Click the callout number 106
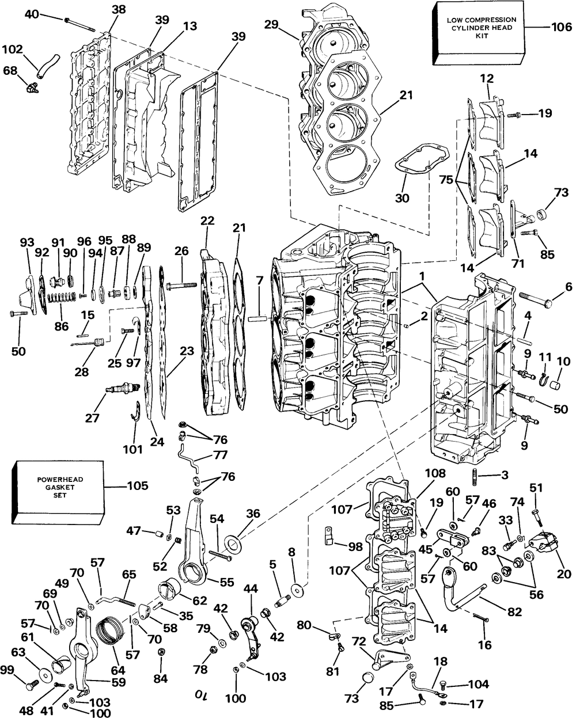coord(562,26)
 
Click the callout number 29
coord(271,24)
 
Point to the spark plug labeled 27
coord(122,388)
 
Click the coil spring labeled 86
coord(62,297)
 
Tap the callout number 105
coord(138,485)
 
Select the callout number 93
coord(28,242)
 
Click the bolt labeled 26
coord(180,286)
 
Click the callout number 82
coord(514,611)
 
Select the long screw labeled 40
coord(80,25)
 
